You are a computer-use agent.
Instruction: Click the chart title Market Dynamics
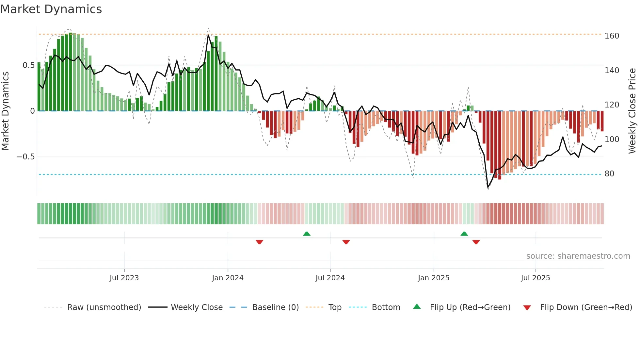coord(51,9)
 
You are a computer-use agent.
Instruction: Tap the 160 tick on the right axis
coord(612,36)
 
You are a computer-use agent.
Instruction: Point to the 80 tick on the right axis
coord(609,173)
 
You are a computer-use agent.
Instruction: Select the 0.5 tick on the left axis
coord(28,65)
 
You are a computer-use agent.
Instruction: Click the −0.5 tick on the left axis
coord(25,157)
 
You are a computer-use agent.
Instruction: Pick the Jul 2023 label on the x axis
coord(124,278)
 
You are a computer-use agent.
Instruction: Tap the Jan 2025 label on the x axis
coord(434,278)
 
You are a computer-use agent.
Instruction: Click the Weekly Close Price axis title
coord(632,111)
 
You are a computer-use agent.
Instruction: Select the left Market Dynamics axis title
coord(5,111)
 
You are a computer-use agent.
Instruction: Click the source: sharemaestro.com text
coord(578,256)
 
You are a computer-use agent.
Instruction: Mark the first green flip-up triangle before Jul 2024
coord(307,234)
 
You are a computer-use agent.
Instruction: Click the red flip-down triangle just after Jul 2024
coord(346,242)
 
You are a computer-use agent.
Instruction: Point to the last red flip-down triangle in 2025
coord(476,242)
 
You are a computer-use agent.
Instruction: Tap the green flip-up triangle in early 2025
coord(464,234)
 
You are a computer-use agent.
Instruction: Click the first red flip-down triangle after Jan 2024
coord(260,242)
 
